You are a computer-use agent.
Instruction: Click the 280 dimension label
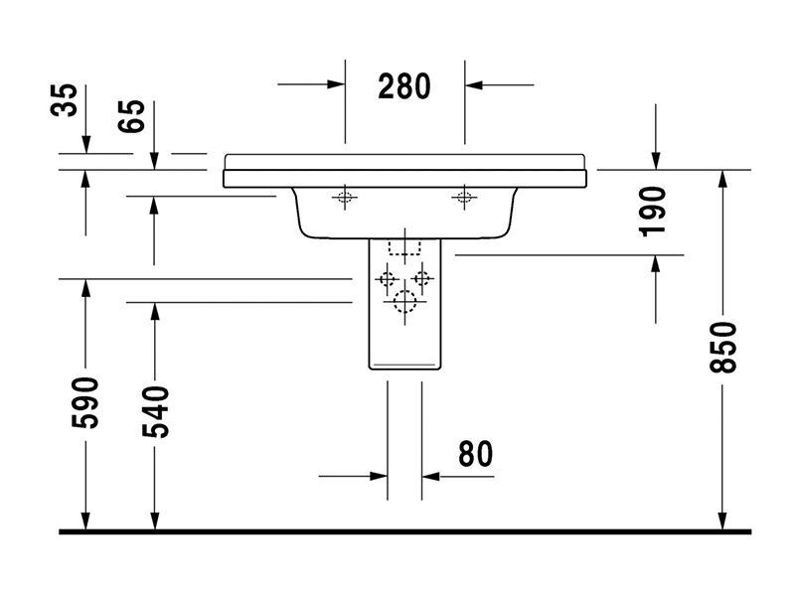[x=404, y=86]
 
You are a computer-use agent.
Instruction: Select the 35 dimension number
[x=65, y=100]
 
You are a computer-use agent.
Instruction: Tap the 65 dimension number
[x=131, y=116]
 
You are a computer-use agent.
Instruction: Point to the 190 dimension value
[x=652, y=212]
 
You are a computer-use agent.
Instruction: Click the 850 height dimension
[x=722, y=347]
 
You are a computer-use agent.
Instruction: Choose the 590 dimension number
[x=84, y=402]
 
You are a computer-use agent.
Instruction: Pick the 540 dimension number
[x=155, y=411]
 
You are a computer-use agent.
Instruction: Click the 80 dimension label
[x=475, y=454]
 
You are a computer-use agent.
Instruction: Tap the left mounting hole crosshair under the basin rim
[x=345, y=197]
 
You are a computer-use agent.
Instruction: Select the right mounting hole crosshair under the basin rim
[x=464, y=197]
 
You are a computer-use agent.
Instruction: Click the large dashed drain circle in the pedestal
[x=404, y=302]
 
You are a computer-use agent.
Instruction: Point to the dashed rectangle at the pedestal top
[x=404, y=247]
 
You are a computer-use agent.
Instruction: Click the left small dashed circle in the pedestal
[x=387, y=279]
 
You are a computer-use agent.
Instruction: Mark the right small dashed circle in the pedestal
[x=421, y=278]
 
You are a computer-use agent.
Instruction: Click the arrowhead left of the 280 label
[x=336, y=84]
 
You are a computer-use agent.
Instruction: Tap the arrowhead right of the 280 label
[x=474, y=84]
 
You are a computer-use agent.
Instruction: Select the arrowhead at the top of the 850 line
[x=722, y=179]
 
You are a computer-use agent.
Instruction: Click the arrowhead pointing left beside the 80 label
[x=430, y=477]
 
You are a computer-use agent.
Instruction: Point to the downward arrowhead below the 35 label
[x=85, y=144]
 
